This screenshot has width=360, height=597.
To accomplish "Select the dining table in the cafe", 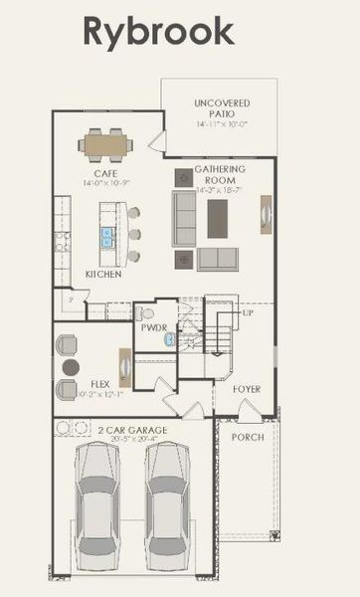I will pos(107,145).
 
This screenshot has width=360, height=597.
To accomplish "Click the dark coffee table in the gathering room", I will pos(218,219).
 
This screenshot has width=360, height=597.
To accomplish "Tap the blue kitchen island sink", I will pos(107,237).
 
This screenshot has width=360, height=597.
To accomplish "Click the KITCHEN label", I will pos(102,274).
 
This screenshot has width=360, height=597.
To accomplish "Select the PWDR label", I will pos(153,326).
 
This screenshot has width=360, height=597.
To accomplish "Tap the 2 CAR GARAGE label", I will pos(131,430).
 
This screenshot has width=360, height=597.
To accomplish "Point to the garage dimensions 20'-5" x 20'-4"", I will pos(132,439).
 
